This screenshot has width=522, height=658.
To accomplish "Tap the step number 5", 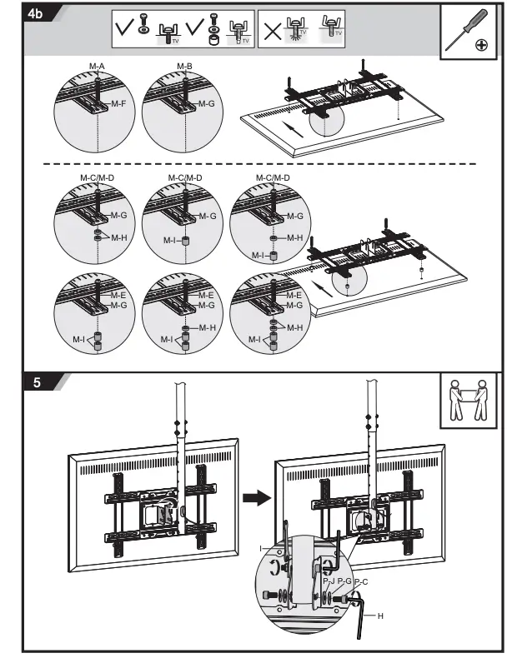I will [x=37, y=384].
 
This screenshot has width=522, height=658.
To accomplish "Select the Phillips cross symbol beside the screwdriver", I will [x=481, y=45].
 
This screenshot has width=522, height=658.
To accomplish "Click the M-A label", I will [x=98, y=66].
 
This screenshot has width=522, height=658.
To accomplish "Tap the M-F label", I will [x=119, y=103].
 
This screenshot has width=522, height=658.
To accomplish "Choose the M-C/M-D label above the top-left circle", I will [x=98, y=178].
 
